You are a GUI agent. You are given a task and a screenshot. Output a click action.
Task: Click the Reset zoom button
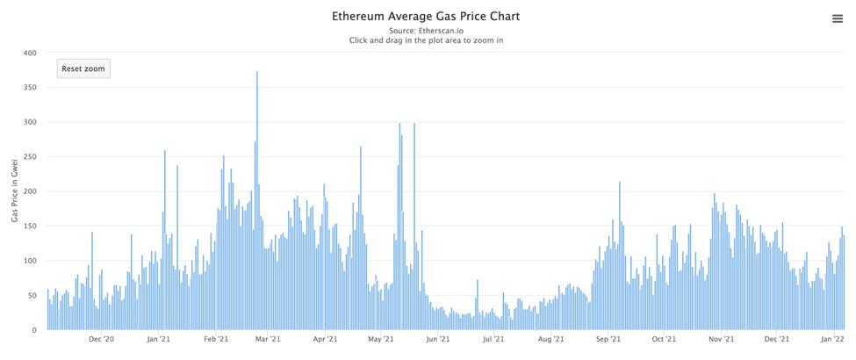(x=83, y=68)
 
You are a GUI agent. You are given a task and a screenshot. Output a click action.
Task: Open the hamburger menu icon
(x=837, y=19)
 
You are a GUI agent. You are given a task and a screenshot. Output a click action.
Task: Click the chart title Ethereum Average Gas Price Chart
(x=426, y=16)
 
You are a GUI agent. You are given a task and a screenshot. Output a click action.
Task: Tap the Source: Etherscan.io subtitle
(x=426, y=29)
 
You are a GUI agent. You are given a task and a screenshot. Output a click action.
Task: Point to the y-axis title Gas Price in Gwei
(x=15, y=191)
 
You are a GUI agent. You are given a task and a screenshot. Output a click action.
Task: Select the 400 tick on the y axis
(x=30, y=54)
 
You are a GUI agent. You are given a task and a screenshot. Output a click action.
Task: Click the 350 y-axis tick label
(x=30, y=88)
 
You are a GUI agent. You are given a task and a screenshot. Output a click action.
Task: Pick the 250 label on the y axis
(x=30, y=157)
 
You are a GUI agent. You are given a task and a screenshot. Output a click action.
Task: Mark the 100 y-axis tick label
(x=30, y=261)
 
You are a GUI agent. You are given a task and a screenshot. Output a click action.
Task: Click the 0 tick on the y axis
(x=34, y=330)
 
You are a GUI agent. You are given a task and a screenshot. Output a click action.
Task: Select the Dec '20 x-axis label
(x=102, y=339)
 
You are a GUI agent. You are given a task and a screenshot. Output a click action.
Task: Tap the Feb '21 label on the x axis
(x=216, y=339)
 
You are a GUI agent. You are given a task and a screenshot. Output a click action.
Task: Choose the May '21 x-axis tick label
(x=380, y=339)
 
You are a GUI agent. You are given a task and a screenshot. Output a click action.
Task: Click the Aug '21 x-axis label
(x=550, y=339)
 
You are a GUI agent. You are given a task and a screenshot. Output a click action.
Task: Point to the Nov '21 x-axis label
(x=721, y=339)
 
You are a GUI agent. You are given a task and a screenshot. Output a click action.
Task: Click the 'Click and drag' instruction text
(x=426, y=40)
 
